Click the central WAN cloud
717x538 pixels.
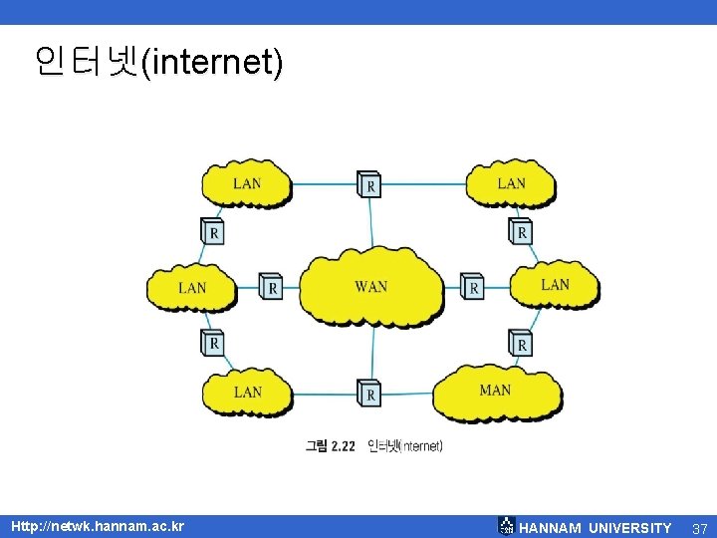coord(371,287)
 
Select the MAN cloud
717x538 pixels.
coord(497,391)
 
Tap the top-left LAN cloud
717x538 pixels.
coord(247,183)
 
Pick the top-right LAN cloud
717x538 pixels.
coord(511,183)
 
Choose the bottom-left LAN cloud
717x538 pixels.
coord(247,393)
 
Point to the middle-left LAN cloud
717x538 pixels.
coord(192,287)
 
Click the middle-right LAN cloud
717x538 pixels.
coord(555,285)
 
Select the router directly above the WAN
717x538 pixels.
coord(369,184)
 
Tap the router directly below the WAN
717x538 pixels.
coord(369,394)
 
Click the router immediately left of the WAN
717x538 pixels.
coord(271,287)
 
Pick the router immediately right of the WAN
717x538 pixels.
coord(473,287)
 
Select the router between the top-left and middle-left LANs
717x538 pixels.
coord(212,232)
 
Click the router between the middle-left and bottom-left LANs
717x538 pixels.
coord(212,342)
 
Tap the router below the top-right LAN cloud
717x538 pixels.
coord(521,231)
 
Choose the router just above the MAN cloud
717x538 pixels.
coord(521,343)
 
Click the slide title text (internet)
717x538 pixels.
coord(158,63)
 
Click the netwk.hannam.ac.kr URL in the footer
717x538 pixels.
coord(98,526)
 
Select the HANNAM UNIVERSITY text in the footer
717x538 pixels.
coord(596,528)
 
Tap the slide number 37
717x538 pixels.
coord(699,528)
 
